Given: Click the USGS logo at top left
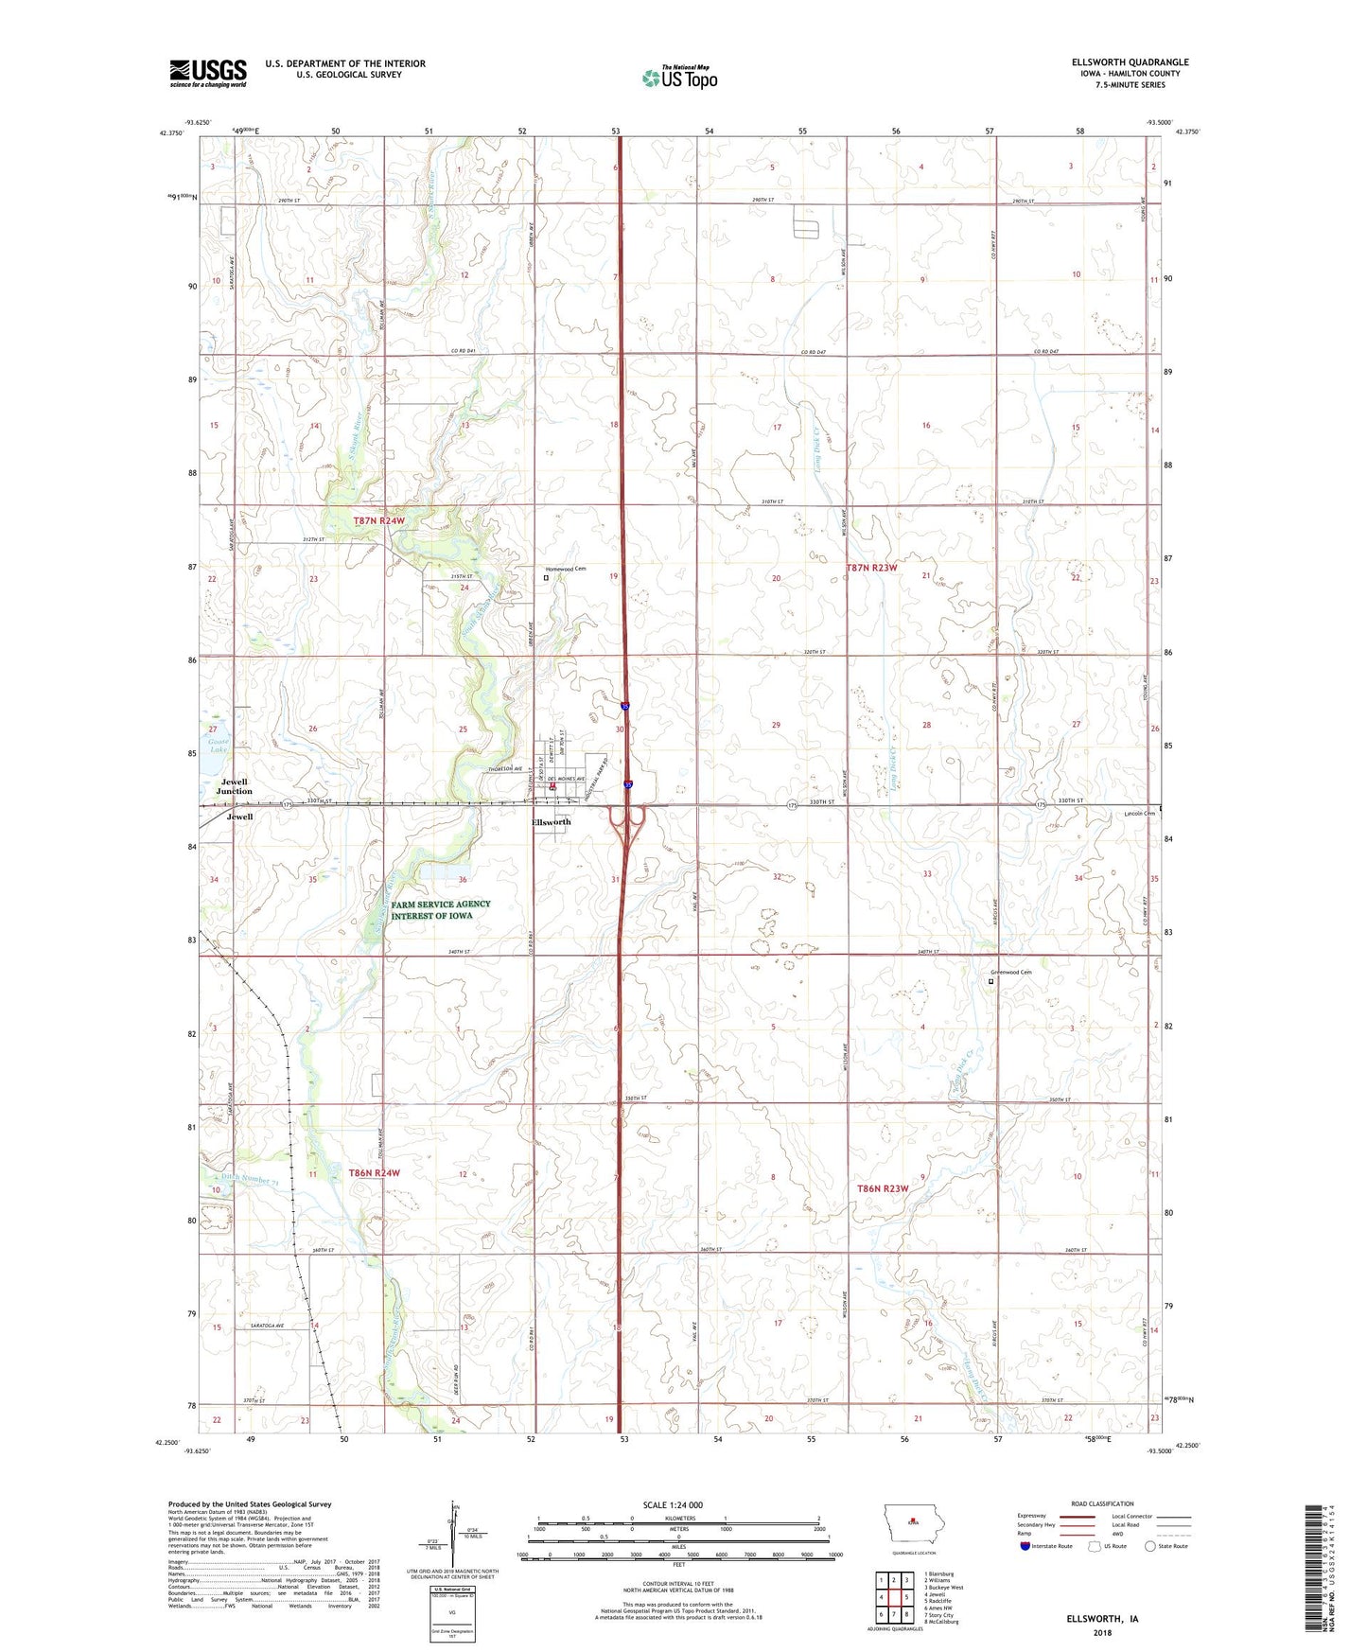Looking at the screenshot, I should tap(207, 73).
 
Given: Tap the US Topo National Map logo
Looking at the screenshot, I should tap(679, 77).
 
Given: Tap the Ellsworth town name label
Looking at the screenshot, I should tap(551, 822).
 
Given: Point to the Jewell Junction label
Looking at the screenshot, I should tap(234, 786).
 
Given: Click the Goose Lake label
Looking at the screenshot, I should tap(219, 747).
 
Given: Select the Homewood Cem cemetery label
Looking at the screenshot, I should tap(569, 569).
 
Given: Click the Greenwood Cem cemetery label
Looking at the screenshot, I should tap(1010, 972).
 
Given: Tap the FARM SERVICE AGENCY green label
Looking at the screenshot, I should tap(441, 909).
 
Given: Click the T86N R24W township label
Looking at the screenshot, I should tap(374, 1172).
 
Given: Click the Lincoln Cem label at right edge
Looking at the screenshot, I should tap(1139, 814).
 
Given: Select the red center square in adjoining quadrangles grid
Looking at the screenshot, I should tap(893, 1597).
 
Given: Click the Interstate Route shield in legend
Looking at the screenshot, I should tap(1025, 1546).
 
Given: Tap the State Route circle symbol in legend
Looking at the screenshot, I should tap(1149, 1546).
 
